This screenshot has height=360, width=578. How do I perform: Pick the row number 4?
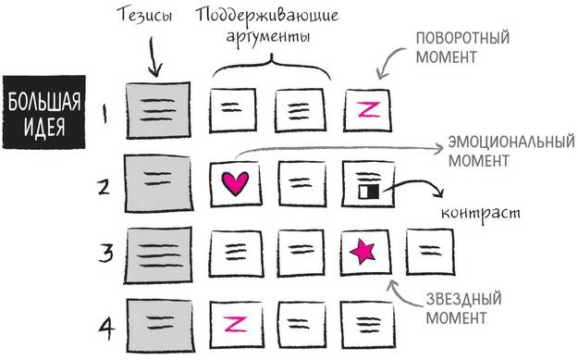point(105,325)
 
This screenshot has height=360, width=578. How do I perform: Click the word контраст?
point(481,213)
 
